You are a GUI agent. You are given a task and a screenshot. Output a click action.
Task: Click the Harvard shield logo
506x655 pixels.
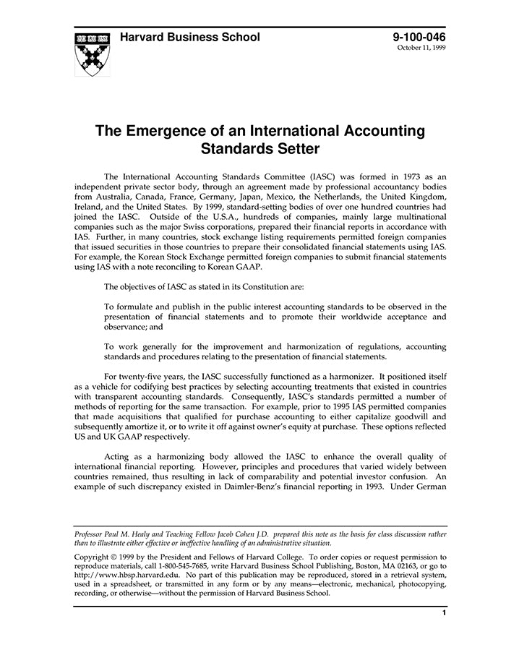tap(93, 54)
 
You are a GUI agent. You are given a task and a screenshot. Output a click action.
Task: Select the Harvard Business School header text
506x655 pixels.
tap(189, 38)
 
